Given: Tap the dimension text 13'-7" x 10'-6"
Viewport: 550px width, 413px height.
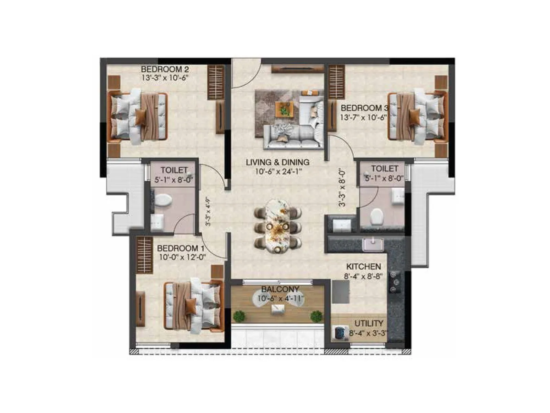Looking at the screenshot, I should point(363,117).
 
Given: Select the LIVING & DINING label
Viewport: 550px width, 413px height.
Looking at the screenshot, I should point(278,162).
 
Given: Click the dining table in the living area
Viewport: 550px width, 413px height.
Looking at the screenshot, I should point(278,226).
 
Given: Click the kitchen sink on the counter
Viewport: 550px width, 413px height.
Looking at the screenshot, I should point(373,245).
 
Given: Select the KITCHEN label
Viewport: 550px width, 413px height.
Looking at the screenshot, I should point(363,267).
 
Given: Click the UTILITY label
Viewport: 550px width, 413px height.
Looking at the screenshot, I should point(368,324).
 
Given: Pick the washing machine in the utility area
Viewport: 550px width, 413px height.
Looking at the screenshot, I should point(340,333).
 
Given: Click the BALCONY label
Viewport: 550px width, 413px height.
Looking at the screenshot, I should point(280,289).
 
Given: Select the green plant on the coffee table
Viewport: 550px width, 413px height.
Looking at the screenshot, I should point(284,110).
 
